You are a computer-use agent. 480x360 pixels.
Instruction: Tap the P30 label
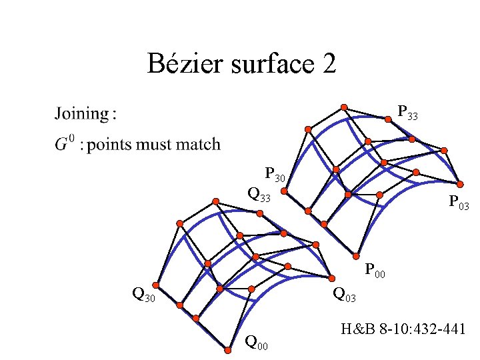click(275, 175)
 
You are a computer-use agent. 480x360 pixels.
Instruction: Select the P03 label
click(459, 202)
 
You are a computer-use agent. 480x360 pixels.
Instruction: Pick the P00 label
click(375, 271)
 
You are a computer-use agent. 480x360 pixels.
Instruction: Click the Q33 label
click(259, 195)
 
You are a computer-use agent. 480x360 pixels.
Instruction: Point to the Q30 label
click(144, 293)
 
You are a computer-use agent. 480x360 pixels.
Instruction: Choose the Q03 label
click(345, 293)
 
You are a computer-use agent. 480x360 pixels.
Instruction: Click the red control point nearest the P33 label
click(388, 119)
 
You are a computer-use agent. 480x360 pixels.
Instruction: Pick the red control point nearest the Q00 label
click(224, 346)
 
